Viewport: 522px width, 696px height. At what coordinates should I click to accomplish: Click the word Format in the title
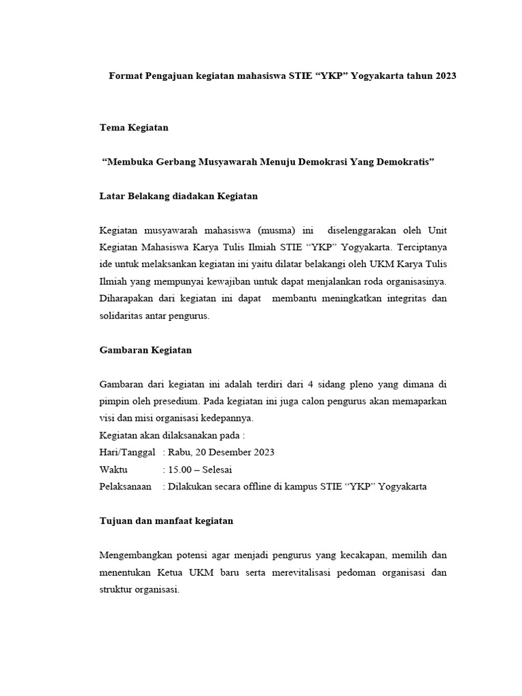tap(126, 76)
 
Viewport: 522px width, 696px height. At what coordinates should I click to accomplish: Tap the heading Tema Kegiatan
tap(134, 127)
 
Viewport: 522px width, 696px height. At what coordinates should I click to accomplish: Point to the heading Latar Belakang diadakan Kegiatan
tap(178, 196)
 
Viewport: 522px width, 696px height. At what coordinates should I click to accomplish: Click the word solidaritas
tap(124, 315)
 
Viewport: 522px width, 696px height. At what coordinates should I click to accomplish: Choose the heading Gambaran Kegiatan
tap(145, 350)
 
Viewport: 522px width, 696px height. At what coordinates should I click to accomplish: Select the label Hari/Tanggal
tap(127, 452)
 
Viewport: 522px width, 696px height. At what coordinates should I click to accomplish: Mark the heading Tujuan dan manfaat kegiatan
tap(166, 521)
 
